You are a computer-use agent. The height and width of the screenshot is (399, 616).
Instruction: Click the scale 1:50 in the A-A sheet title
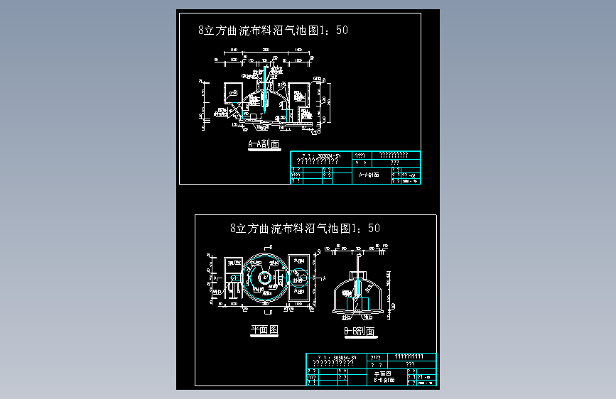tap(332, 30)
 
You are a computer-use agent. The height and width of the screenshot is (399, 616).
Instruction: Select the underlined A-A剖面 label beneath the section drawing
tap(264, 144)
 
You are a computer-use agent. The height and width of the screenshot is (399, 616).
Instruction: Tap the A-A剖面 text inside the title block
tap(369, 174)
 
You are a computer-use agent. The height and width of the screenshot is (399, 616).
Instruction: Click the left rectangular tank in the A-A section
tap(232, 95)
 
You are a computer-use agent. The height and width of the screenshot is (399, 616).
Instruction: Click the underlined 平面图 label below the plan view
tap(264, 330)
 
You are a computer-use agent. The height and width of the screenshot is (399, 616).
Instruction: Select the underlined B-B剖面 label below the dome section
tap(359, 332)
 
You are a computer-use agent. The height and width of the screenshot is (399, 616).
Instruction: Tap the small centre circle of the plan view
tap(264, 278)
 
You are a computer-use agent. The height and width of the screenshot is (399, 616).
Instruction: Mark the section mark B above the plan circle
tap(264, 244)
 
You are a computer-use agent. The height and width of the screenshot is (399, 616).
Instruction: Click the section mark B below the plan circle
tap(264, 312)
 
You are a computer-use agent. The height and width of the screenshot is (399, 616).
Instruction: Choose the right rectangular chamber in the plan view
tap(298, 277)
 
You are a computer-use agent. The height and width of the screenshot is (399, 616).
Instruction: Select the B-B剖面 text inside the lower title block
tap(383, 379)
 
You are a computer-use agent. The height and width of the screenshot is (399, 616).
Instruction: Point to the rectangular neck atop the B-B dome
tap(358, 271)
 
